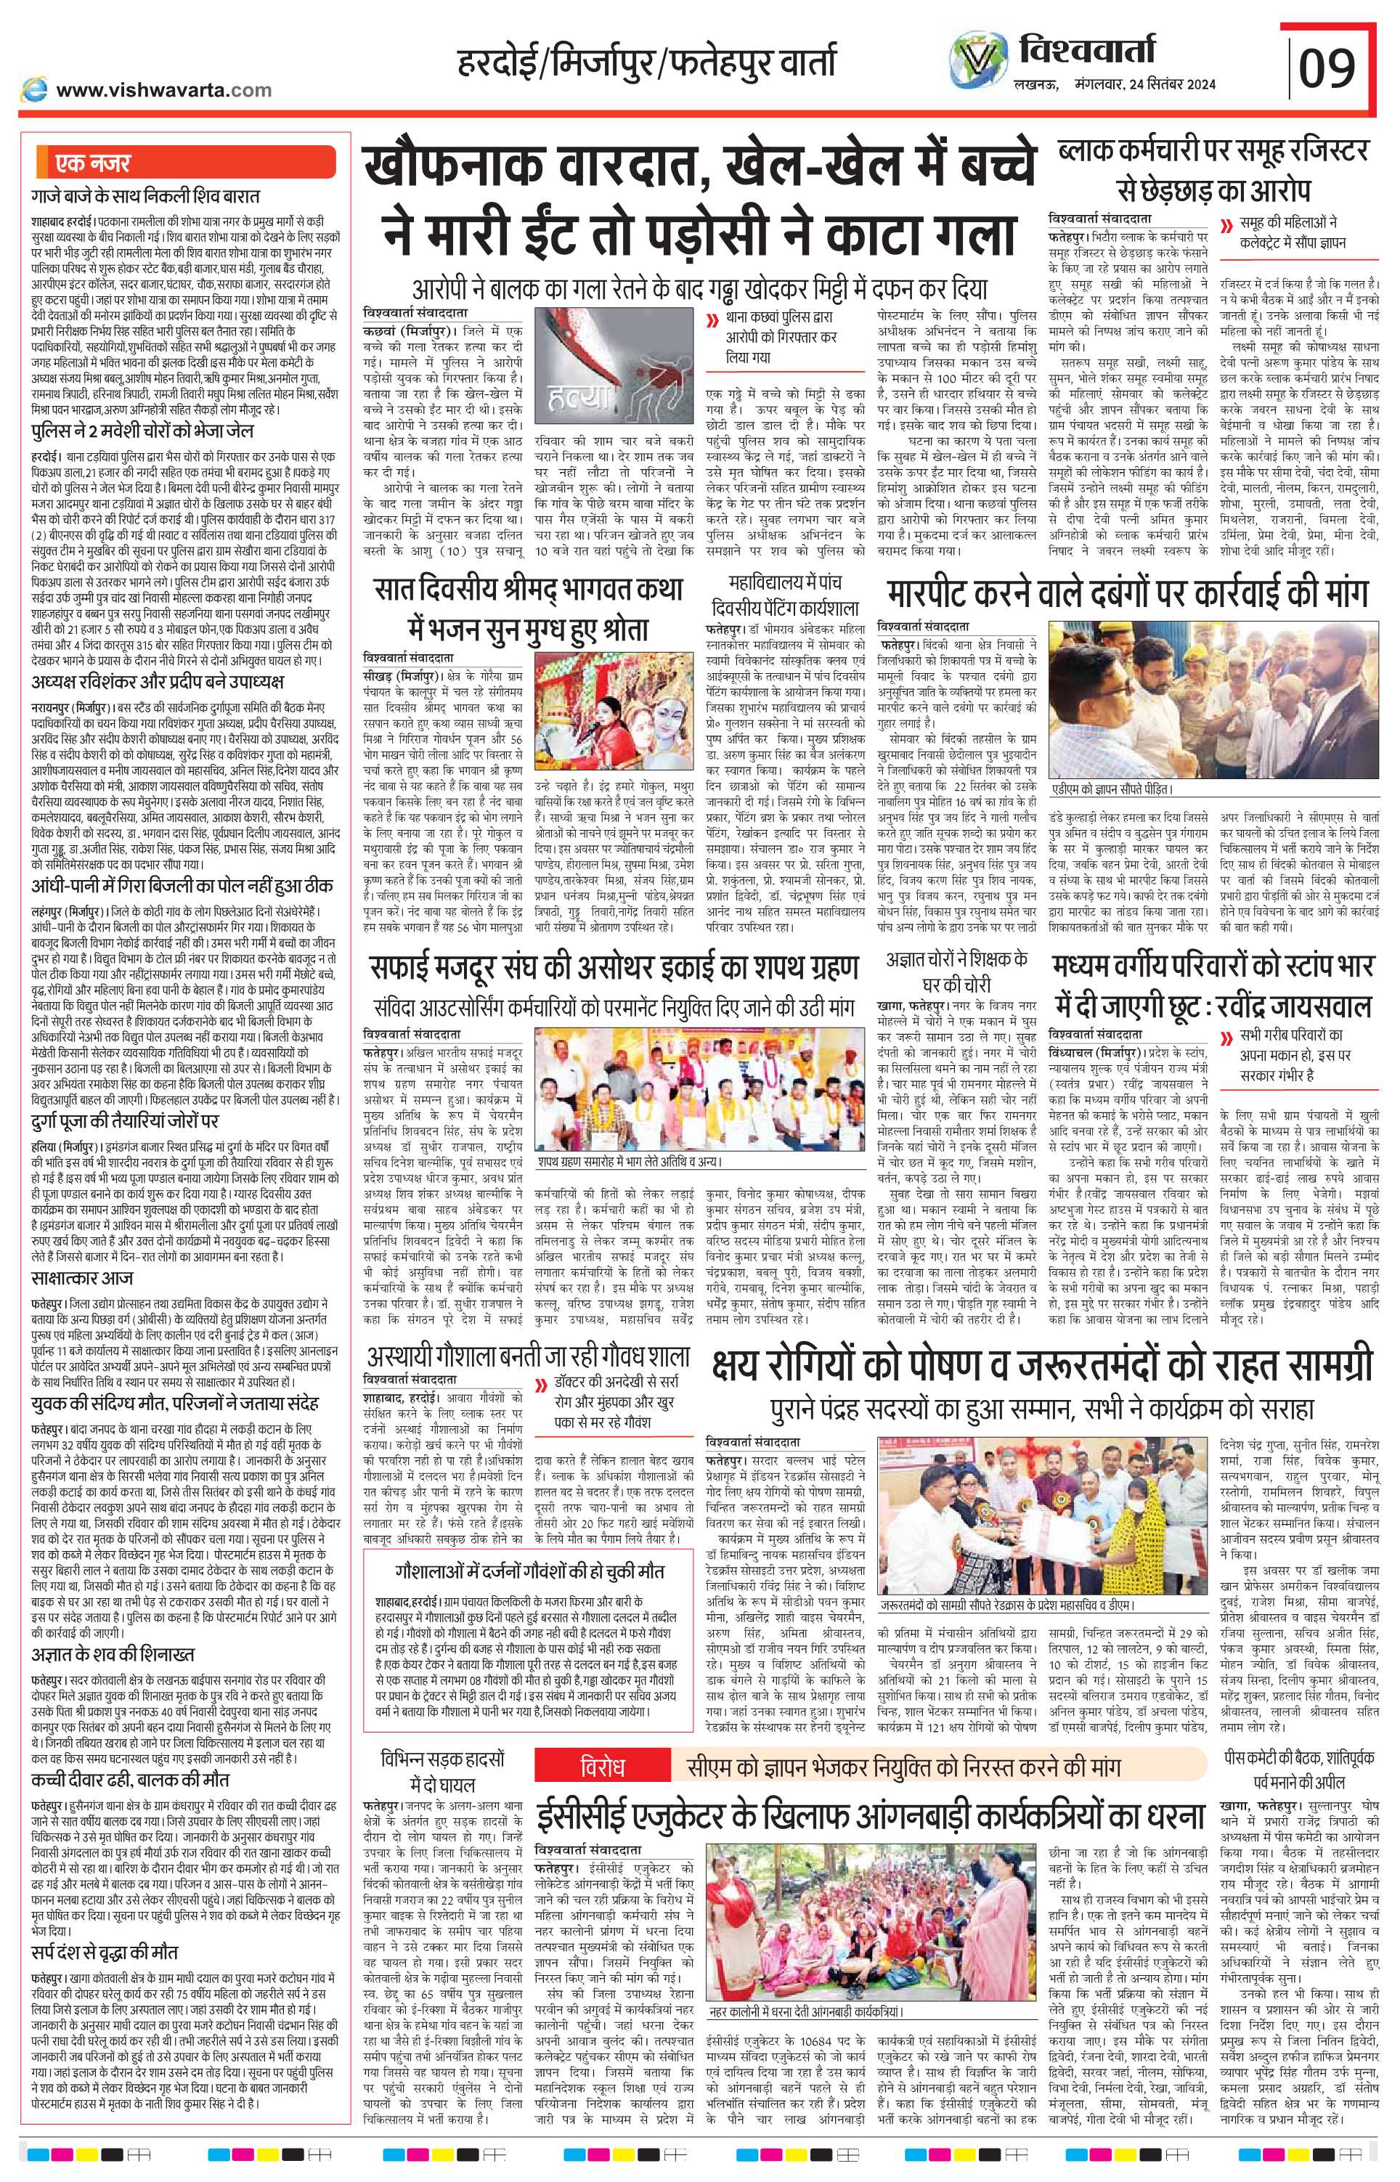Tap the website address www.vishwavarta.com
[163, 89]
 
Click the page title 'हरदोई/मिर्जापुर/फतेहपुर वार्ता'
[646, 62]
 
